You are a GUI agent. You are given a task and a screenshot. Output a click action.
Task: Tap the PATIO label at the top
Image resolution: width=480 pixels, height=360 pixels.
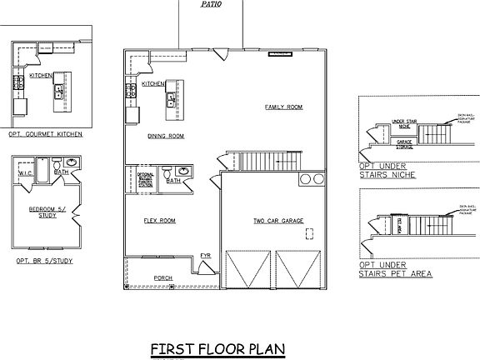212,4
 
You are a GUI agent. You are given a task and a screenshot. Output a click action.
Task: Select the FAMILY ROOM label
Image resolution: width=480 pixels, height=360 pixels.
282,107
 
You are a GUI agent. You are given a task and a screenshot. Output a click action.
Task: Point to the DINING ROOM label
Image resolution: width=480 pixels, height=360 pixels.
166,136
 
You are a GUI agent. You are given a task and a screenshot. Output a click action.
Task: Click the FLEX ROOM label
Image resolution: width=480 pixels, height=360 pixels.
160,221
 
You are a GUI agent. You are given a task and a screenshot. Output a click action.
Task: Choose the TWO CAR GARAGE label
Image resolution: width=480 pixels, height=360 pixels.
278,221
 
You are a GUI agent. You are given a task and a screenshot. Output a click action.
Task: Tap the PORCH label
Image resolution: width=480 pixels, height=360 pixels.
164,277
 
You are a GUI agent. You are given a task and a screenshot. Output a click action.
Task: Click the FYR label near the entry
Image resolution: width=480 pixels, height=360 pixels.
206,255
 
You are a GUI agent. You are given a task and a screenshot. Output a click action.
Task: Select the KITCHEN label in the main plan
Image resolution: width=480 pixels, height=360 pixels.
152,84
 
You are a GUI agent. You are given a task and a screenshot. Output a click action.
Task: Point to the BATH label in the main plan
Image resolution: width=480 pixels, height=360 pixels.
173,180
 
